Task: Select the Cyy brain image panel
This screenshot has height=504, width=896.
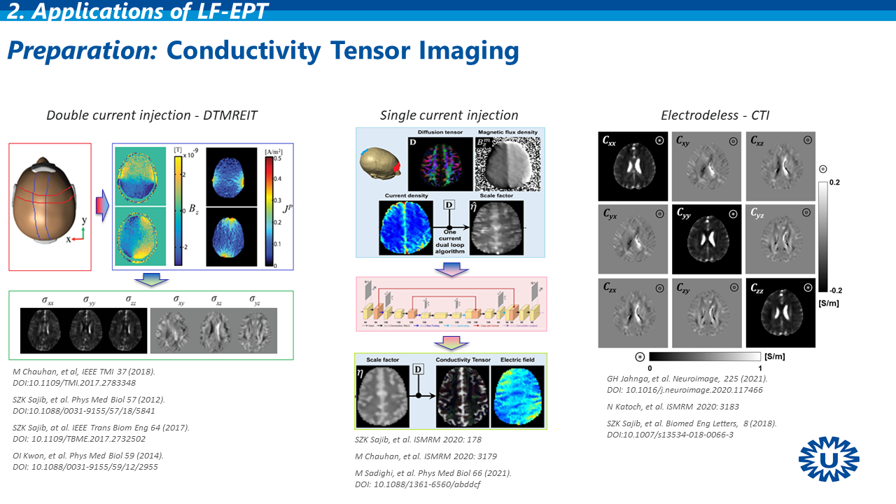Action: point(707,238)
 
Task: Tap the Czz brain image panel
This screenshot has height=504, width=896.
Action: point(780,312)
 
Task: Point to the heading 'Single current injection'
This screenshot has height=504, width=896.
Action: point(449,115)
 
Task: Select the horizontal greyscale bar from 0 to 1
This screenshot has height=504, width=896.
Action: point(705,356)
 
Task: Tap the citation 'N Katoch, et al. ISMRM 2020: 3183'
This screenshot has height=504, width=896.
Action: point(673,407)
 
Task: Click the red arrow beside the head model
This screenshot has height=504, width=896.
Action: point(102,206)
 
